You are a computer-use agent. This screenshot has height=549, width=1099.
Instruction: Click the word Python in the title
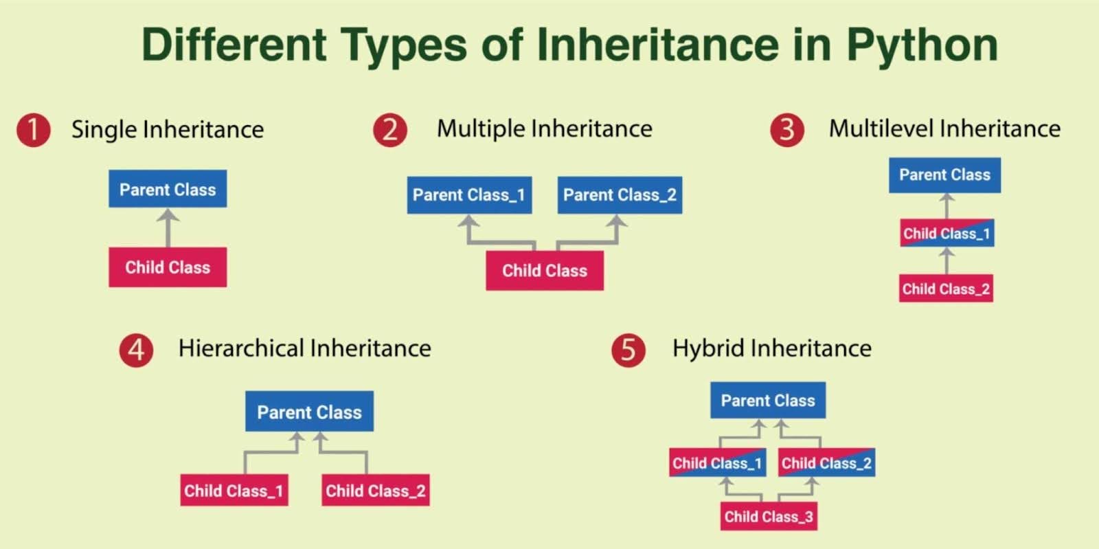click(922, 45)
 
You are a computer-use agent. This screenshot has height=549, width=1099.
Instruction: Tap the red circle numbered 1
click(34, 129)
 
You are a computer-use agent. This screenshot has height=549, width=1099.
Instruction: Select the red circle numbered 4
click(136, 350)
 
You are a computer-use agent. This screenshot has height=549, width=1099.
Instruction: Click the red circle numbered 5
click(628, 350)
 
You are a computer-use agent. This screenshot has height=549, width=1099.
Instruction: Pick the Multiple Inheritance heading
click(544, 128)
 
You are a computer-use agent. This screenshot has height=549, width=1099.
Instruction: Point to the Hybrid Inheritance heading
click(771, 348)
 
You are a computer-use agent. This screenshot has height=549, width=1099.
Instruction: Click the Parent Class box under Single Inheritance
click(168, 189)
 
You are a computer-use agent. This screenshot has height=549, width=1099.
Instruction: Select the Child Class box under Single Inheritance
click(168, 267)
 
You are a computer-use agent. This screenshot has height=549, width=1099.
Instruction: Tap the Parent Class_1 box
click(469, 195)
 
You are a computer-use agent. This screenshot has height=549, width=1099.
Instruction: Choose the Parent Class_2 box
click(620, 195)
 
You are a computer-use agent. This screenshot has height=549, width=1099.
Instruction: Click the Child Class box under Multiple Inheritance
click(545, 271)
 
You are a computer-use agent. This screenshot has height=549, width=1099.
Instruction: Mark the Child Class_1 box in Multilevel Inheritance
click(947, 234)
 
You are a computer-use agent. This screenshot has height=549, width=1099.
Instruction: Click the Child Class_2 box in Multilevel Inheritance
click(946, 289)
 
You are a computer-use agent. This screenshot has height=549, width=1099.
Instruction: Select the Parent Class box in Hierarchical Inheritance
click(309, 412)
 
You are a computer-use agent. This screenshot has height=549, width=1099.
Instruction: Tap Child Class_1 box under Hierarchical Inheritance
click(234, 491)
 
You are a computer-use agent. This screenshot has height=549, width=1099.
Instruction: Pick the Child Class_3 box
click(769, 517)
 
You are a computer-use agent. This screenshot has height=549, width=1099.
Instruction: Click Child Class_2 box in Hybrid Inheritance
click(826, 463)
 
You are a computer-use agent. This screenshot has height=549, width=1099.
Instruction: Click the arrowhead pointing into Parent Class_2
click(617, 221)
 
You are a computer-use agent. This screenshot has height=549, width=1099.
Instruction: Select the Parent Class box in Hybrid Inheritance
click(768, 401)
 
